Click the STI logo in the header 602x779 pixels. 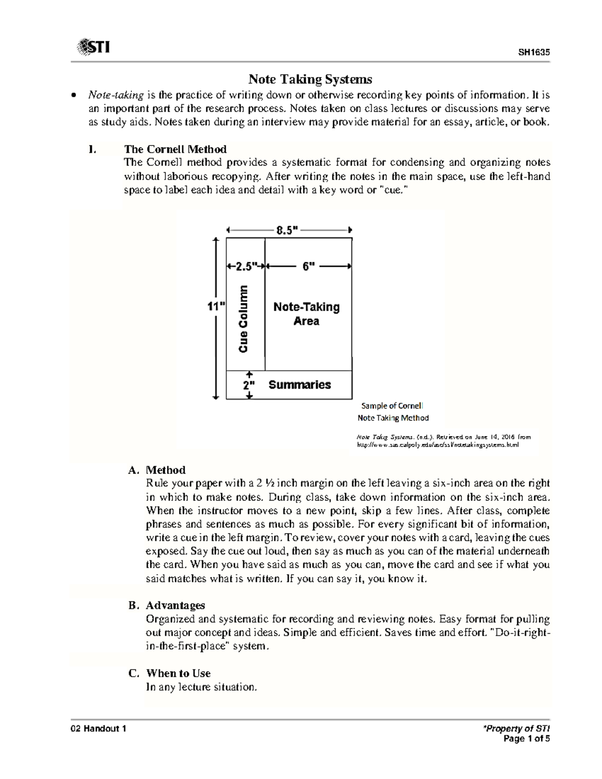coord(93,48)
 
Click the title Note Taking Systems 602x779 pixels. coord(310,79)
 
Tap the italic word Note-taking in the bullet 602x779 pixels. coord(116,95)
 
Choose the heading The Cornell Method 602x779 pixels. coord(175,149)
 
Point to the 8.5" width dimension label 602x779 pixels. coord(287,230)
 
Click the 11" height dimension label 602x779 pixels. coord(216,306)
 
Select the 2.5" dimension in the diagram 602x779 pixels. coord(245,266)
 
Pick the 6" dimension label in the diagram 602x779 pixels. coord(308,266)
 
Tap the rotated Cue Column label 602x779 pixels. coord(243,319)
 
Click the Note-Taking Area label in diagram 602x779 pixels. coord(306,314)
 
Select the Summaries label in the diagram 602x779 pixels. coord(299,385)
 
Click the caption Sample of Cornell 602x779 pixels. coord(392,406)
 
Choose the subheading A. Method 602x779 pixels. coord(157,470)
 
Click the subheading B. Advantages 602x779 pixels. coord(167,605)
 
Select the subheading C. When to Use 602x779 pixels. coord(169,673)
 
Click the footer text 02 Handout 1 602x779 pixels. coord(98,729)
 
